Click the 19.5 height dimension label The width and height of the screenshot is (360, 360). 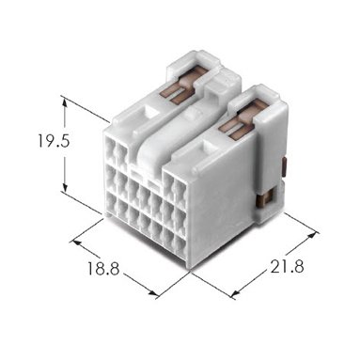pos(54,140)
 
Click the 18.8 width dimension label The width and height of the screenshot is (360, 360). pos(103,269)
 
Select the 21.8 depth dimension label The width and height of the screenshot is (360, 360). pos(287,267)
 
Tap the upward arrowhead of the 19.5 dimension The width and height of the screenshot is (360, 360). pos(65,101)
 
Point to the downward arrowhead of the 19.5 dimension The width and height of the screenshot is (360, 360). pos(65,187)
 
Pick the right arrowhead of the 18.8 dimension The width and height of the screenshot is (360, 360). pos(153,293)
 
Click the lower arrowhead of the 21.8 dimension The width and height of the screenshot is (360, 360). pos(235,293)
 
